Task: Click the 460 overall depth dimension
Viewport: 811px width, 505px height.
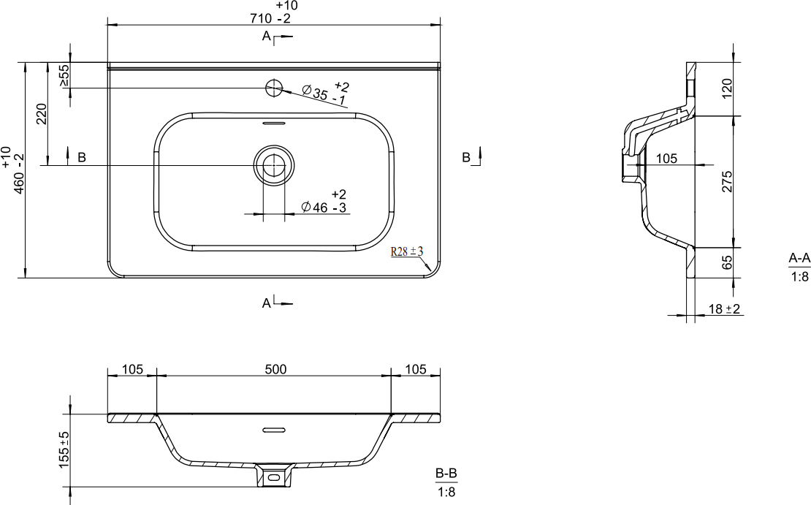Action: tap(13, 170)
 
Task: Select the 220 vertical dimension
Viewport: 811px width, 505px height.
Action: tap(42, 114)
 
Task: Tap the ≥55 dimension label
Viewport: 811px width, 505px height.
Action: tap(64, 75)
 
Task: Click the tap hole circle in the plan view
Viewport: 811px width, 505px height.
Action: tap(273, 88)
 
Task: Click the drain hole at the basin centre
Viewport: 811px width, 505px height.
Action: tap(273, 165)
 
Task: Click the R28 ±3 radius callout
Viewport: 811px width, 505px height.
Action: tap(407, 252)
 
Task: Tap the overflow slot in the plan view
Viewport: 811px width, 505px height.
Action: tap(273, 124)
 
